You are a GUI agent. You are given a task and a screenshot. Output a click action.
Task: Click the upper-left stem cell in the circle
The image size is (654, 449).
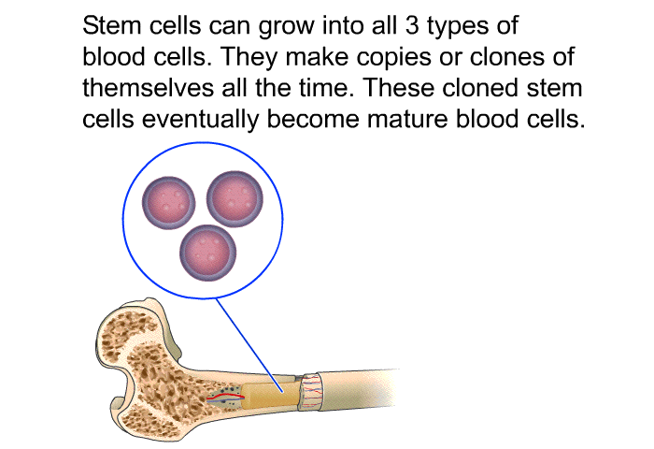pyautogui.click(x=166, y=199)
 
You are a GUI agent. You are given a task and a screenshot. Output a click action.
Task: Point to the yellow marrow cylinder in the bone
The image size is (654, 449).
pyautogui.click(x=271, y=389)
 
